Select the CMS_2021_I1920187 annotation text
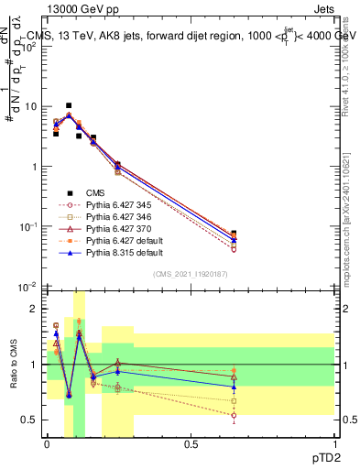pyautogui.click(x=189, y=274)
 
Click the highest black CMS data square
pyautogui.click(x=69, y=106)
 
